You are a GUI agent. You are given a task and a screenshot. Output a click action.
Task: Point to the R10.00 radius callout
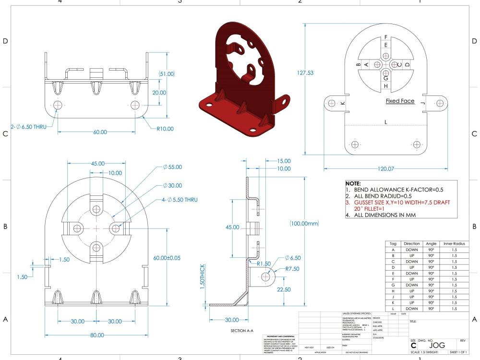coord(165,129)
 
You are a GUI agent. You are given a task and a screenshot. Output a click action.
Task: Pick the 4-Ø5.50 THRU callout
coord(180,199)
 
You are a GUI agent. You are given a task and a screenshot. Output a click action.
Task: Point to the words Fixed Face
coord(400,101)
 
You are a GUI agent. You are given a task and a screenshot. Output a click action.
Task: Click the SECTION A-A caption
coord(244,331)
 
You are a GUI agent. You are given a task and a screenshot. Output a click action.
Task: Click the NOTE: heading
coord(353,184)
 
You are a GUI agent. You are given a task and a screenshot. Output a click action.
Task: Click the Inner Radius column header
coord(454,244)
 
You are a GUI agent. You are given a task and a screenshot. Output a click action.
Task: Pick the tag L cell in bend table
coord(393,308)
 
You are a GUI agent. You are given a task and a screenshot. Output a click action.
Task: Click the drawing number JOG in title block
coord(437,345)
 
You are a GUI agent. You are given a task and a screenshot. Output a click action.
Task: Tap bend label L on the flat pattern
coord(385,122)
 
